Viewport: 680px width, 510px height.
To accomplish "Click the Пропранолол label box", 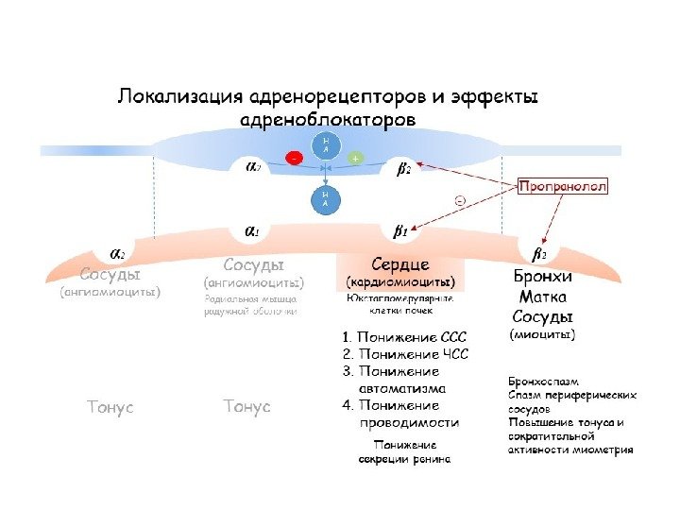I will point(563,187).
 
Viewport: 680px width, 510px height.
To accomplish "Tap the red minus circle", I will point(296,159).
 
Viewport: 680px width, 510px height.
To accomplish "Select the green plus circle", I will point(355,159).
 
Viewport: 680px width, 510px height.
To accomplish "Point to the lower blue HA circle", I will point(326,199).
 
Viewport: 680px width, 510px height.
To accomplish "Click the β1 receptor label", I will point(399,229).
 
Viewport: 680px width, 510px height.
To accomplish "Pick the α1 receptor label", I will point(253,229).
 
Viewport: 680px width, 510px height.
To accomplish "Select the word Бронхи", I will point(542,278).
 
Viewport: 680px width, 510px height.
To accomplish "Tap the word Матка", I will point(542,297).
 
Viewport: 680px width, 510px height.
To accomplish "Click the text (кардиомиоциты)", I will point(400,281).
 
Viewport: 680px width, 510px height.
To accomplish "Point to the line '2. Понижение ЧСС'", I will point(404,354).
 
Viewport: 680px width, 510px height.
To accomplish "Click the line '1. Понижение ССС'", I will point(404,336).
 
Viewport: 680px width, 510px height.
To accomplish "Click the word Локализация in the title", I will point(177,97).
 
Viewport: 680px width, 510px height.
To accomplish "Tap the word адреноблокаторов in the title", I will point(328,121).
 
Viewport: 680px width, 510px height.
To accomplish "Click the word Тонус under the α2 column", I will point(110,407).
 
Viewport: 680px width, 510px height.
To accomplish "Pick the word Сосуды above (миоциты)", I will point(542,315).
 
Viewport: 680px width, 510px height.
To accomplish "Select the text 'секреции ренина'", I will point(404,459).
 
